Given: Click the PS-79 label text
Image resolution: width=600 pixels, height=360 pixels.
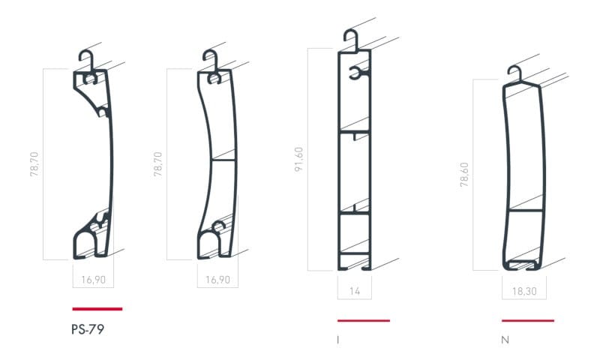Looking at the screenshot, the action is (88, 329).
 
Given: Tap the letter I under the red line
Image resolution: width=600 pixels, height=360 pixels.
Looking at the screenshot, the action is (338, 340).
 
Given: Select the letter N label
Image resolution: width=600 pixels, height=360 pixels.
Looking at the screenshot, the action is (505, 340).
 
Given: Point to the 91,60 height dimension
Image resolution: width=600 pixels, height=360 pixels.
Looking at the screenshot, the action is (299, 159).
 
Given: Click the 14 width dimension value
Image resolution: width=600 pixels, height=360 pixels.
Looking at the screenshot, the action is (355, 291).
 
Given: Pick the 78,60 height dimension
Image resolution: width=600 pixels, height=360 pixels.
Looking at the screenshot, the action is (464, 175).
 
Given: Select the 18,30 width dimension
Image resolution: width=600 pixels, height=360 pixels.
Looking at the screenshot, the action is (524, 291).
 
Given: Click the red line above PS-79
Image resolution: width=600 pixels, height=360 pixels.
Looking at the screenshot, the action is (97, 309).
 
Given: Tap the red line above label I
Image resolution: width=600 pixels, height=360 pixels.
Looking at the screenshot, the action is (364, 320).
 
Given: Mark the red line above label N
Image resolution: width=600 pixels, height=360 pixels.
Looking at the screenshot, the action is (528, 320).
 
